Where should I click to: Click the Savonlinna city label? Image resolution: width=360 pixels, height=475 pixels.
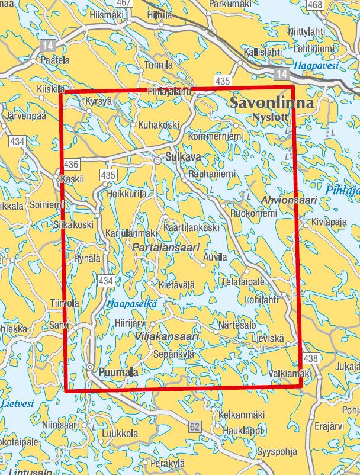click(x=272, y=101)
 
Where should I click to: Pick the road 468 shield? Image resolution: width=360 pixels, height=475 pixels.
click(x=316, y=5)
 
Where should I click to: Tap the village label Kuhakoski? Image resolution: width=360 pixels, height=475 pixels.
click(x=158, y=125)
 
